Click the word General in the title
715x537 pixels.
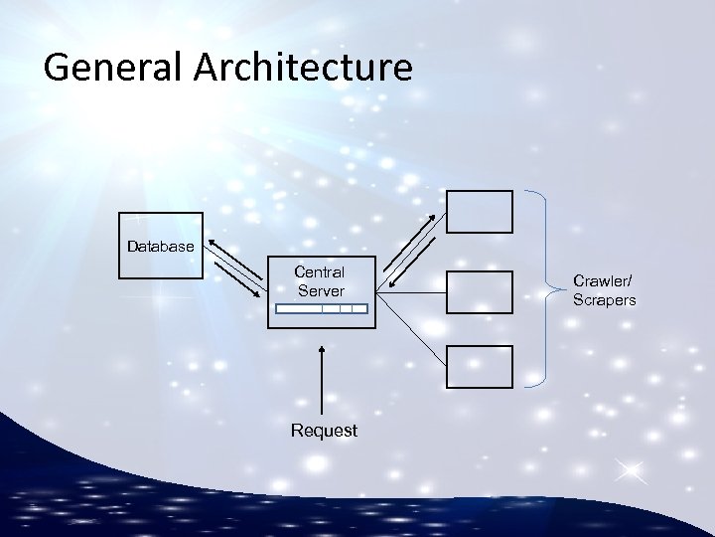pyautogui.click(x=106, y=68)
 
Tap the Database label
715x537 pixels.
pyautogui.click(x=160, y=246)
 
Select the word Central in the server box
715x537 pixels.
pyautogui.click(x=320, y=271)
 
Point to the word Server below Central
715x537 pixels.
pyautogui.click(x=321, y=291)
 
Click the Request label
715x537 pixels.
pyautogui.click(x=323, y=431)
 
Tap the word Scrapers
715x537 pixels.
pyautogui.click(x=604, y=299)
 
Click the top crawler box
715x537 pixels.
pyautogui.click(x=480, y=211)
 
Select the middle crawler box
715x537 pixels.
pyautogui.click(x=480, y=291)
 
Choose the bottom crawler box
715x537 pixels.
pyautogui.click(x=480, y=366)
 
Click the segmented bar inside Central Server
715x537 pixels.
pyautogui.click(x=321, y=309)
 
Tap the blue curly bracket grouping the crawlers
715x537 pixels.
pyautogui.click(x=544, y=288)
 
